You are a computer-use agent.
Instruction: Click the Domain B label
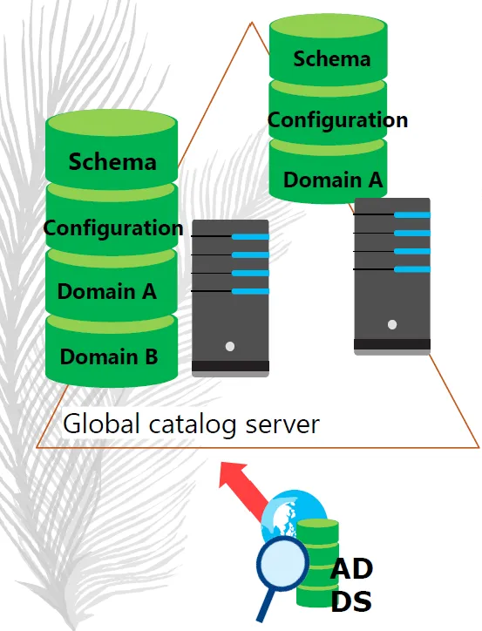pos(109,356)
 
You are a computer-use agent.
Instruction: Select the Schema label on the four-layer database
pos(112,162)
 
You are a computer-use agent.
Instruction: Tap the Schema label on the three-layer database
pos(331,58)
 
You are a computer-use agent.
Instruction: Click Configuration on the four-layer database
pos(113,229)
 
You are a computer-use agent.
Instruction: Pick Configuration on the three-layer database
pos(337,121)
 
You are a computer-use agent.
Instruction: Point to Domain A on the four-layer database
pos(106,291)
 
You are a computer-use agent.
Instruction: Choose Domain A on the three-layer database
pos(332,180)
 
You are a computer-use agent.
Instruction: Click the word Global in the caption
pos(101,424)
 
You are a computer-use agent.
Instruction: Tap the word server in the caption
pos(282,426)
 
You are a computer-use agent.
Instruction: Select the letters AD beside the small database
pos(351,569)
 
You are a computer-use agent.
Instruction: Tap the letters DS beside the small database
pos(351,602)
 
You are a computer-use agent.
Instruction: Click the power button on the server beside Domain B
pos(230,346)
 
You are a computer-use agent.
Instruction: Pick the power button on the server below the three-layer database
pos(392,324)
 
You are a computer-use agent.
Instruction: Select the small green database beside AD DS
pos(317,563)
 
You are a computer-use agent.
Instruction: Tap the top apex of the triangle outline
pos(252,22)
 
